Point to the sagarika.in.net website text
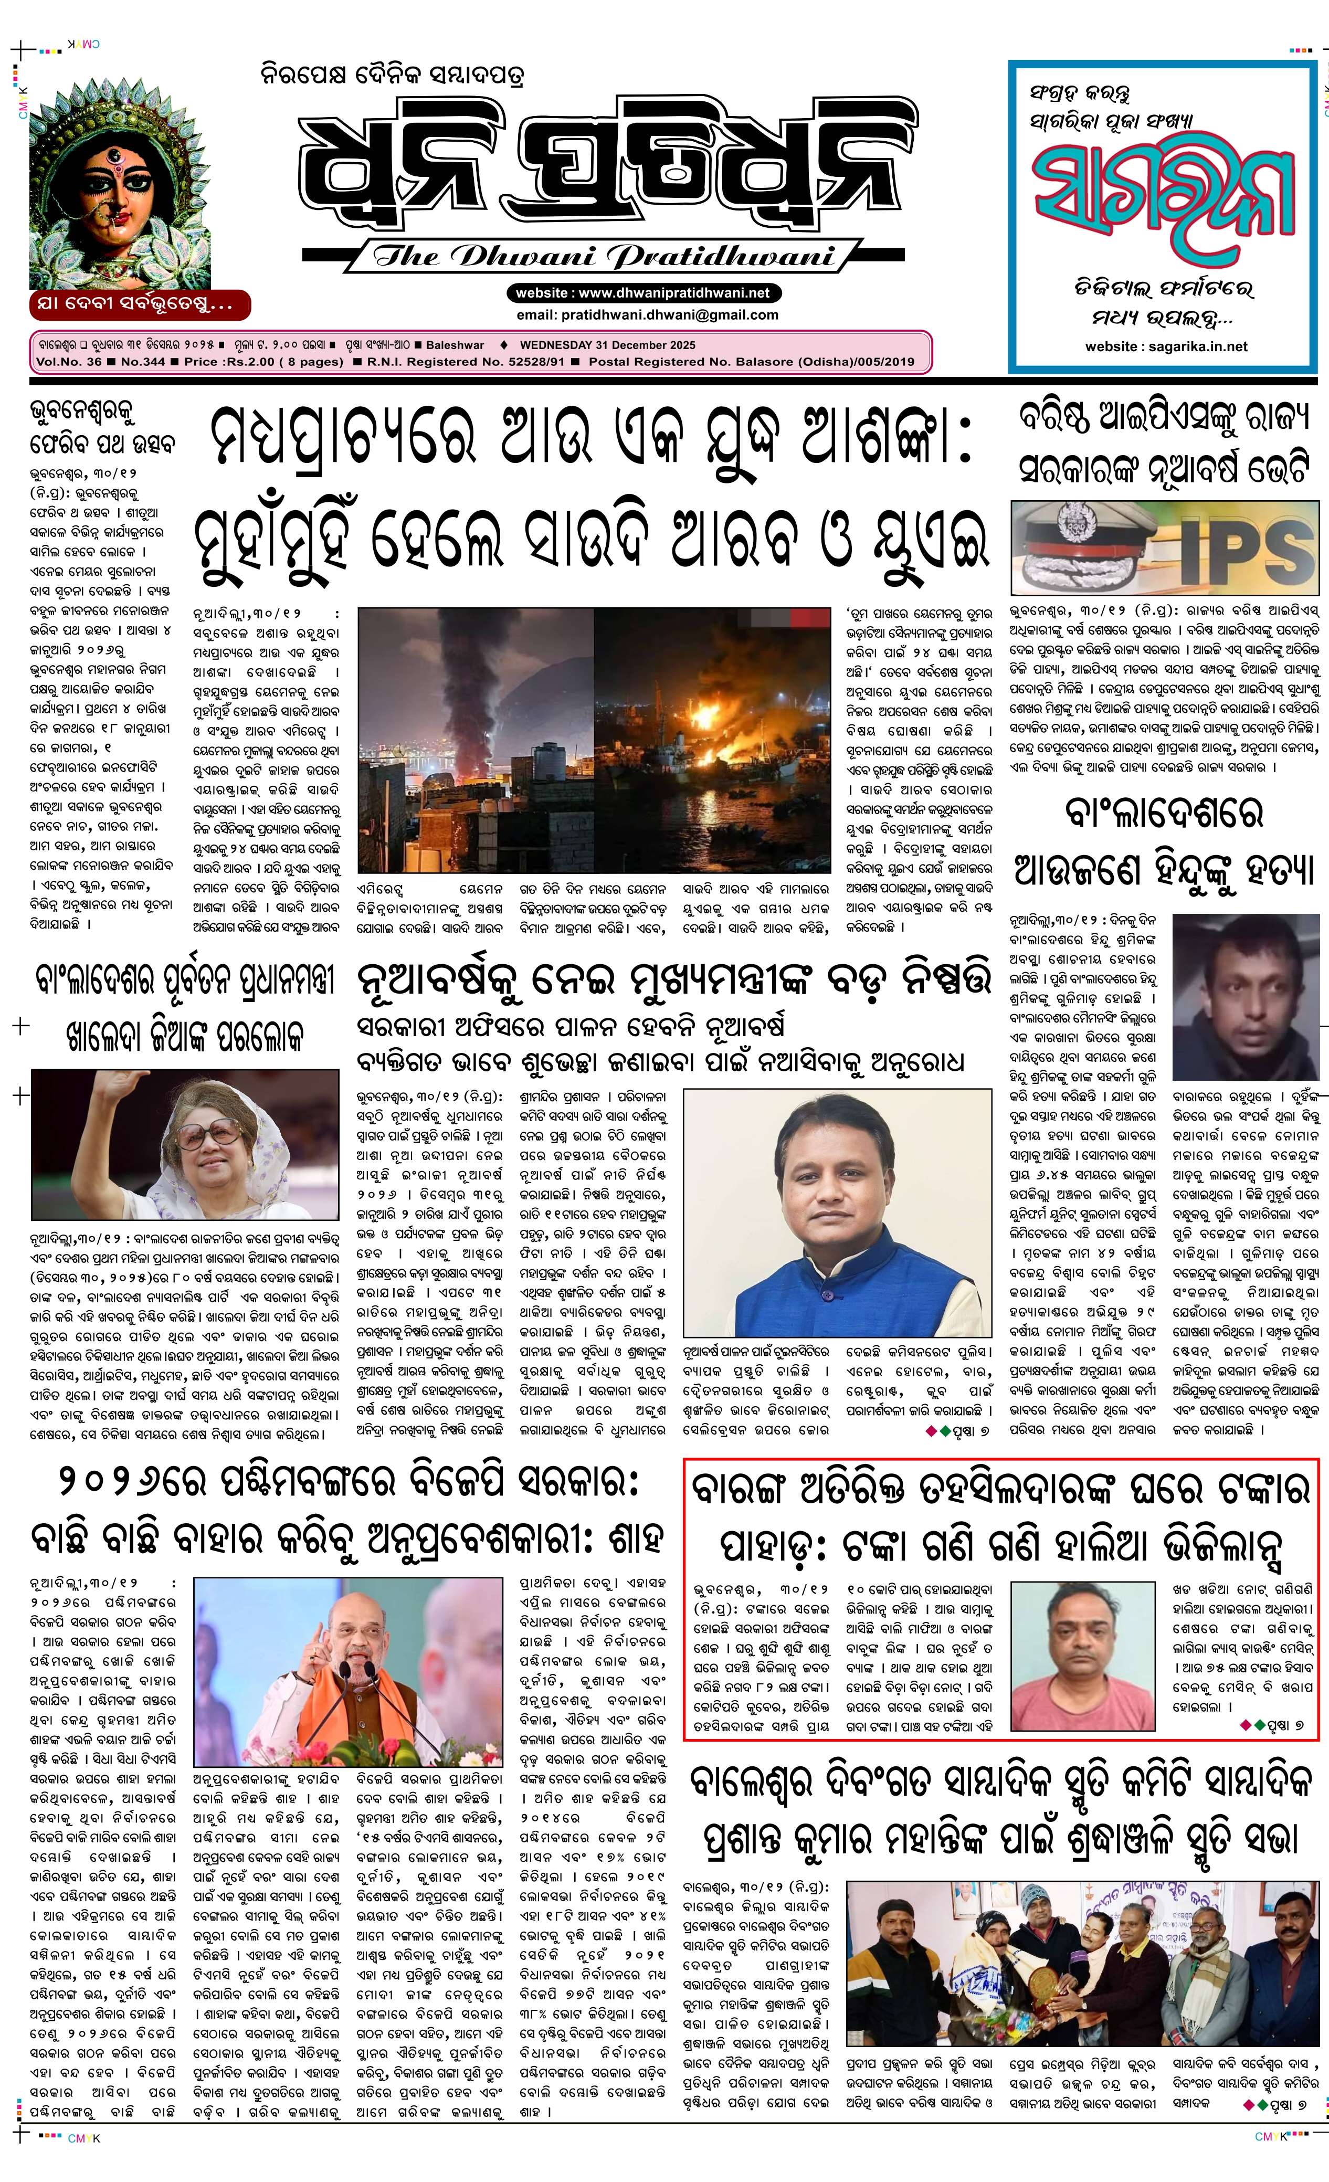(x=1165, y=346)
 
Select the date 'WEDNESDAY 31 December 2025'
(x=607, y=345)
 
